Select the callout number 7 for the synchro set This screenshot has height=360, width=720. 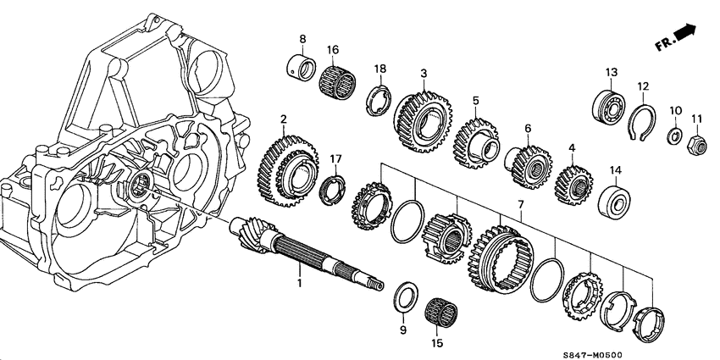[520, 206]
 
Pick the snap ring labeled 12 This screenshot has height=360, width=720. [646, 121]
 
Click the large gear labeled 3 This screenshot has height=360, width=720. [423, 115]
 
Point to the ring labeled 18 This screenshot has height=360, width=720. [378, 99]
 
